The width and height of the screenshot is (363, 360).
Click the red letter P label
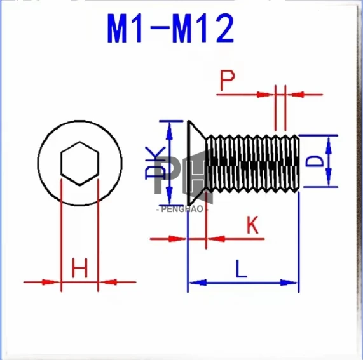click(x=227, y=81)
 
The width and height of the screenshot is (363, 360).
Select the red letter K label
click(x=253, y=225)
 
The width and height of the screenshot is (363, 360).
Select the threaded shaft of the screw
click(x=254, y=161)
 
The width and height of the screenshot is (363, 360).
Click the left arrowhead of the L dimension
click(x=195, y=282)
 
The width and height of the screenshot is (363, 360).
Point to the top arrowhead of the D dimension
click(x=329, y=142)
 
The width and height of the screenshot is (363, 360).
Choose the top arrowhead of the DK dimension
click(x=169, y=127)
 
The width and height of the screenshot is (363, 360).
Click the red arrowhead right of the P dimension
click(x=294, y=95)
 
